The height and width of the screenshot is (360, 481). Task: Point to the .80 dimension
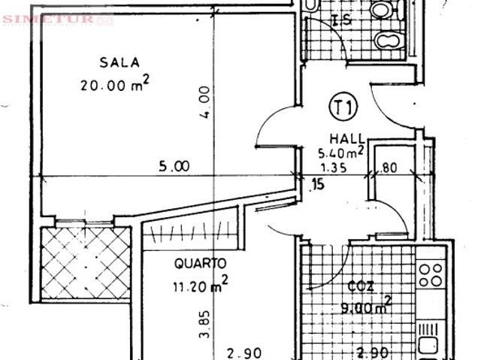click(x=388, y=168)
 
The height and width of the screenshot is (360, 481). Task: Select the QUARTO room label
click(x=200, y=264)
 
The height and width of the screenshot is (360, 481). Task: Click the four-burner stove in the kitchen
click(x=432, y=275)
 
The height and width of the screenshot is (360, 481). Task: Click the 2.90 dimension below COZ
click(x=373, y=351)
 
